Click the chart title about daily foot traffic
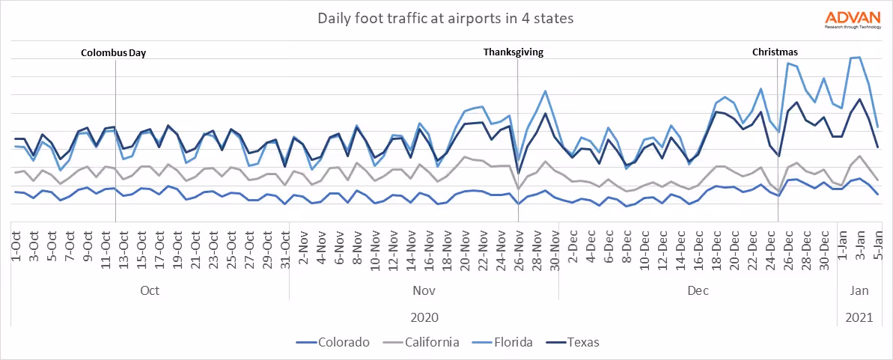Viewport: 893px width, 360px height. point(446,18)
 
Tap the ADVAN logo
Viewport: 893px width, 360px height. point(853,19)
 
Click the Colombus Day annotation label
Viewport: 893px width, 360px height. point(113,52)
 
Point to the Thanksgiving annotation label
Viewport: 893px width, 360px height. point(513,52)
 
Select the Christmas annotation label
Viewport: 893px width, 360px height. point(775,52)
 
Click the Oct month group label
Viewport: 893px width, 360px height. point(150,290)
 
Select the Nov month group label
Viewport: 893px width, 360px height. point(424,290)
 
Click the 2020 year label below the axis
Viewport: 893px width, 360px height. point(424,317)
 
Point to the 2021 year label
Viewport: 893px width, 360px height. point(859,317)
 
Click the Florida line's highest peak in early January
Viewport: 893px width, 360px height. point(859,57)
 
